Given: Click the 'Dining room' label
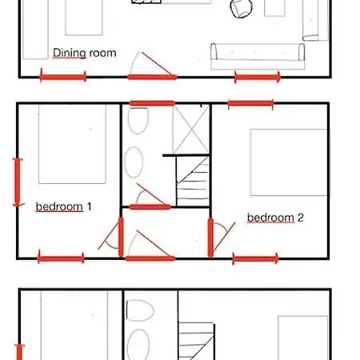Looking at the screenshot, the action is pyautogui.click(x=85, y=53).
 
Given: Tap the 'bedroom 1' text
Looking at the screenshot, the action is pyautogui.click(x=63, y=206).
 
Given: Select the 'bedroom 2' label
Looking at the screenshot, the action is pyautogui.click(x=275, y=218).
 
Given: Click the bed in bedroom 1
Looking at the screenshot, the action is pyautogui.click(x=72, y=144).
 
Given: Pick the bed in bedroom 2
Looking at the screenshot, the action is pyautogui.click(x=289, y=162).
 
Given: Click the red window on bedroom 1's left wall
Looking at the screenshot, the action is pyautogui.click(x=18, y=182).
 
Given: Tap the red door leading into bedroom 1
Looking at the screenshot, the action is pyautogui.click(x=121, y=237).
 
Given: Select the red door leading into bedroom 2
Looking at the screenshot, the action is pyautogui.click(x=210, y=238).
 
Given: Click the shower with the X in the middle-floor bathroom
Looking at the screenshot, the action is pyautogui.click(x=191, y=130).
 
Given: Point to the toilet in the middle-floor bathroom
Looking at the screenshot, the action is pyautogui.click(x=138, y=121).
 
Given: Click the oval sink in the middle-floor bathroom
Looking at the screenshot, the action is pyautogui.click(x=134, y=162).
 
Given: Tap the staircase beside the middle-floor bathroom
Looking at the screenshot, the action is pyautogui.click(x=193, y=182).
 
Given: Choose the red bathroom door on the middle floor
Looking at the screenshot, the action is pyautogui.click(x=150, y=207).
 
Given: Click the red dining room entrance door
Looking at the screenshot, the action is pyautogui.click(x=152, y=77).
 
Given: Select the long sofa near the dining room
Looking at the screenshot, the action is pyautogui.click(x=258, y=56).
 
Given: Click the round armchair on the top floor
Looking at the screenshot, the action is pyautogui.click(x=241, y=8).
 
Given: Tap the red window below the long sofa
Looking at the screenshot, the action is pyautogui.click(x=258, y=78).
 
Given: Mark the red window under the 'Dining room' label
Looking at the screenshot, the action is pyautogui.click(x=63, y=77).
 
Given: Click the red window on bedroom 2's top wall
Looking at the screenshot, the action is pyautogui.click(x=250, y=103).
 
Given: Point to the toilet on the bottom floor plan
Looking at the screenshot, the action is pyautogui.click(x=140, y=310).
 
